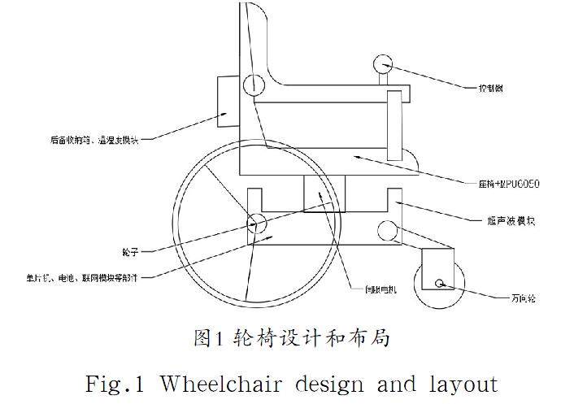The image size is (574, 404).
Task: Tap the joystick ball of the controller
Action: click(385, 63)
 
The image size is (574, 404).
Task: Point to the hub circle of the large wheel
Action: click(257, 222)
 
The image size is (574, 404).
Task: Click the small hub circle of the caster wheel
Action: click(440, 284)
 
